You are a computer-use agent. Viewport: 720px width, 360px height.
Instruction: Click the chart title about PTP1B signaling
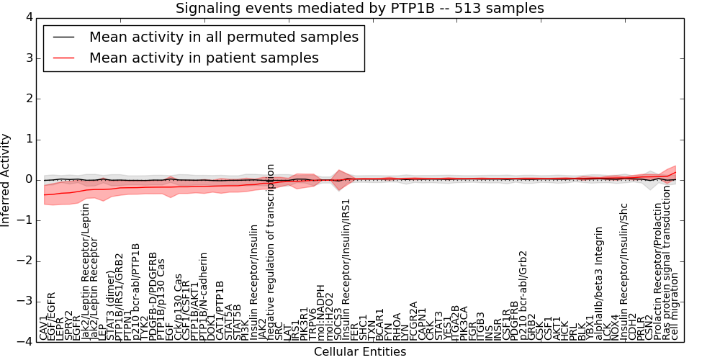click(360, 8)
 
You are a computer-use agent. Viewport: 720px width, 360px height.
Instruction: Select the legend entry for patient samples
click(204, 58)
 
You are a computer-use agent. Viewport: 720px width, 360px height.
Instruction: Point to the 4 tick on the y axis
click(27, 17)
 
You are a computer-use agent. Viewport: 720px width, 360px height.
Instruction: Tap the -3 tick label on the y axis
click(24, 301)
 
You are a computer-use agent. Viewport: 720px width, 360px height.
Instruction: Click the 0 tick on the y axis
click(27, 179)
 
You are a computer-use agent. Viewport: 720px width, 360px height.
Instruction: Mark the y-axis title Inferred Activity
click(6, 179)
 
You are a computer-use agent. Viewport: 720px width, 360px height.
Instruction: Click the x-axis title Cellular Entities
click(360, 352)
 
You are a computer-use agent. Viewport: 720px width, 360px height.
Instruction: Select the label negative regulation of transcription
click(271, 251)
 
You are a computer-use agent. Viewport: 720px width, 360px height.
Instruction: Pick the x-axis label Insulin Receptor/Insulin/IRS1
click(346, 269)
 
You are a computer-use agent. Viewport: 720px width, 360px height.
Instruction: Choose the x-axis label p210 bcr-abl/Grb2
click(523, 295)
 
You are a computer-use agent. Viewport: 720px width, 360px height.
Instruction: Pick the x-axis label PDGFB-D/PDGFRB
click(153, 296)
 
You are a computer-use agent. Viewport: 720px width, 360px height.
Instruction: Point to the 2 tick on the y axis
click(27, 98)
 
